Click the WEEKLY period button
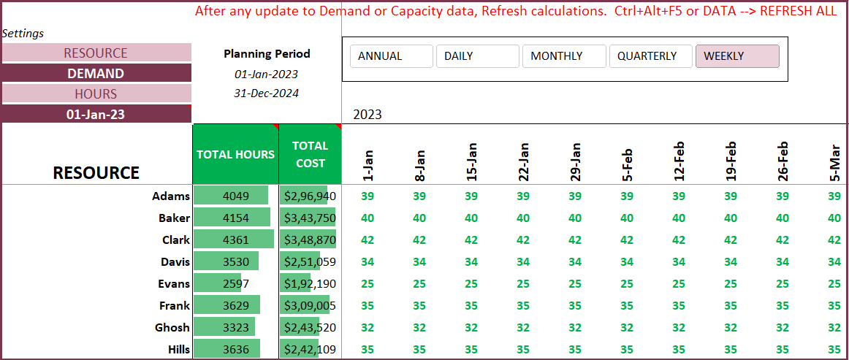pyautogui.click(x=737, y=56)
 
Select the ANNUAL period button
pyautogui.click(x=391, y=56)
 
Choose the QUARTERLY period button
pyautogui.click(x=650, y=56)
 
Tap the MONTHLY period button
pyautogui.click(x=563, y=56)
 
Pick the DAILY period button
pyautogui.click(x=477, y=56)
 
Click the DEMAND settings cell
pyautogui.click(x=96, y=73)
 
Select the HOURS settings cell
pyautogui.click(x=96, y=93)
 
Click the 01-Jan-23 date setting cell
pyautogui.click(x=96, y=114)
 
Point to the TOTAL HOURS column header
pyautogui.click(x=235, y=154)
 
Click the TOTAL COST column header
pyautogui.click(x=310, y=154)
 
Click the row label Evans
pyautogui.click(x=174, y=283)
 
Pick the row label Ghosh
pyautogui.click(x=172, y=327)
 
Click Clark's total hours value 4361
pyautogui.click(x=235, y=240)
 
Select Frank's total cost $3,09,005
pyautogui.click(x=310, y=305)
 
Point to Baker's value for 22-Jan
pyautogui.click(x=523, y=218)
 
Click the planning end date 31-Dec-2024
pyautogui.click(x=266, y=93)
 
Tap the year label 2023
pyautogui.click(x=368, y=114)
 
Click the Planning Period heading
pyautogui.click(x=267, y=53)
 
